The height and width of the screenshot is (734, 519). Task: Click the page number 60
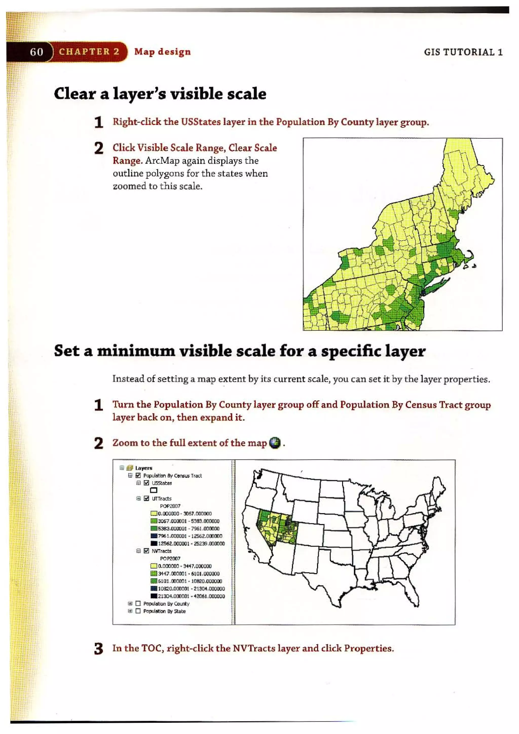pos(36,51)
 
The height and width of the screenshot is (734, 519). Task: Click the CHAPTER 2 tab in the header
pos(89,51)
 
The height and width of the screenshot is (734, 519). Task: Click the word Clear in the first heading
pos(75,94)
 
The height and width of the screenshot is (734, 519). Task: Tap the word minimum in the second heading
pos(136,351)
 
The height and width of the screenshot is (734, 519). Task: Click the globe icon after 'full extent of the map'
pos(275,443)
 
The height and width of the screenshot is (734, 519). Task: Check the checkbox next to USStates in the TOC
pos(146,483)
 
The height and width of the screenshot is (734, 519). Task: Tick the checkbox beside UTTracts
pos(146,498)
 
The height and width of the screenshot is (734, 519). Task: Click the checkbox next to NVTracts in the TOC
pos(146,551)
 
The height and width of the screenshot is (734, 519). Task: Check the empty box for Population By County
pos(138,604)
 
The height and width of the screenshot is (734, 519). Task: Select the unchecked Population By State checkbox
pos(138,611)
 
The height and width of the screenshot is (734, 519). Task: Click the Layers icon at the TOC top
pos(129,468)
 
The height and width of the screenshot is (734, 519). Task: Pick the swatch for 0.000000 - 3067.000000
pos(154,514)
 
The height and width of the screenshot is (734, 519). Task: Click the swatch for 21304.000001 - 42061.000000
pos(154,596)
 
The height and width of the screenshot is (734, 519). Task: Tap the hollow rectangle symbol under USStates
pos(154,490)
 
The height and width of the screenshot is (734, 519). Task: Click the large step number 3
pos(99,649)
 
